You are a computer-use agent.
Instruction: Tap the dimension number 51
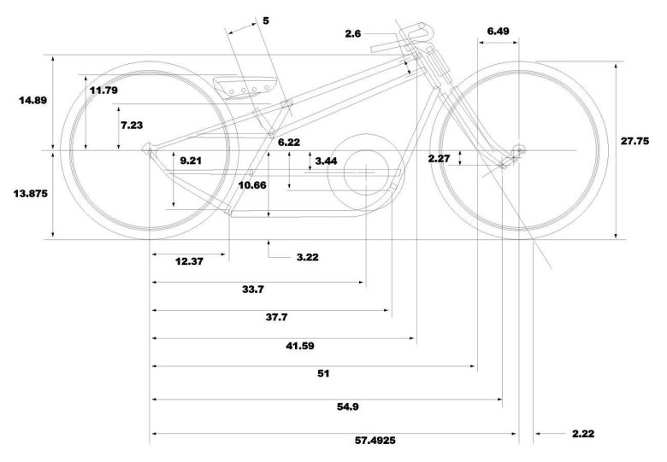pyautogui.click(x=322, y=373)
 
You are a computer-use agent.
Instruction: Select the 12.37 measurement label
pyautogui.click(x=189, y=261)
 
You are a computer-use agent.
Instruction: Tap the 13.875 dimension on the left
pyautogui.click(x=31, y=193)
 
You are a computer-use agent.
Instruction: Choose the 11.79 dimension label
pyautogui.click(x=103, y=90)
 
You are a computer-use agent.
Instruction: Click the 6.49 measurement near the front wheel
pyautogui.click(x=499, y=31)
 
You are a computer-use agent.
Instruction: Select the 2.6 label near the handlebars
pyautogui.click(x=354, y=33)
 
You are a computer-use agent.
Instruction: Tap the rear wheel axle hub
pyautogui.click(x=150, y=151)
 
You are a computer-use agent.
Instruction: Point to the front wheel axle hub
pyautogui.click(x=516, y=151)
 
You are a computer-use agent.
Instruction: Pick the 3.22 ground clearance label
pyautogui.click(x=305, y=256)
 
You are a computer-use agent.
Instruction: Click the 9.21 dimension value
pyautogui.click(x=191, y=160)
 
